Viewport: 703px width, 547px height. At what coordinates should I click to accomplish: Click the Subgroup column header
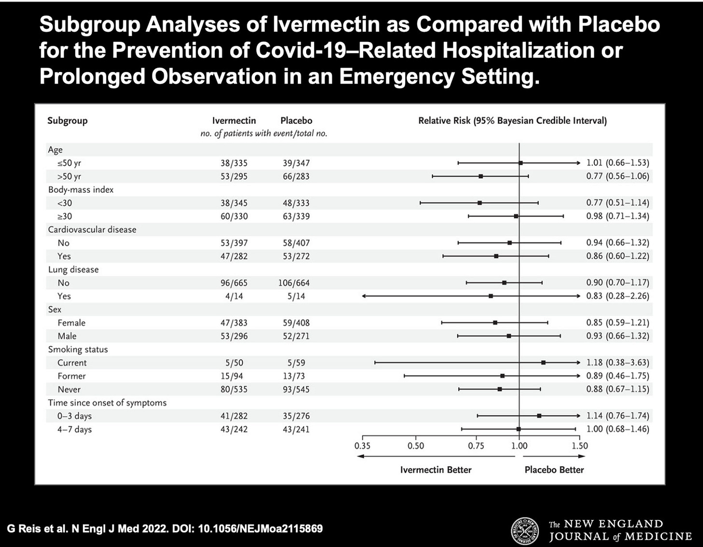click(x=67, y=121)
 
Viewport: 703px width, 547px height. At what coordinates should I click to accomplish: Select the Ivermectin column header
click(x=234, y=121)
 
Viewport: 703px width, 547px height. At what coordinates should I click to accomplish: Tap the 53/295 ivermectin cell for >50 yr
click(x=234, y=176)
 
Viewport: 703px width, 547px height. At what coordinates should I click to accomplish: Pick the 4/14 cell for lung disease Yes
click(x=234, y=296)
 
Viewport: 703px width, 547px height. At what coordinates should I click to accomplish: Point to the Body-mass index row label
click(x=81, y=190)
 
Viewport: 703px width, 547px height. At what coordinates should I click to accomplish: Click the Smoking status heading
click(x=78, y=350)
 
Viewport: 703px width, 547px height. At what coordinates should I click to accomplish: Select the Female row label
click(x=71, y=323)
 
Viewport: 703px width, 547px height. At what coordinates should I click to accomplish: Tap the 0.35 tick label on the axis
click(x=363, y=446)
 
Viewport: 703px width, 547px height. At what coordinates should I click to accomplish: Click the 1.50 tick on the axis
click(x=580, y=446)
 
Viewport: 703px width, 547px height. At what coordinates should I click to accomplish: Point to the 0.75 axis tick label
click(x=476, y=446)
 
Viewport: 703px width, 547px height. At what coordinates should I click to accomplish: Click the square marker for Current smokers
click(x=543, y=362)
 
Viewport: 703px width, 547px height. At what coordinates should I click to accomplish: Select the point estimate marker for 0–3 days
click(x=539, y=416)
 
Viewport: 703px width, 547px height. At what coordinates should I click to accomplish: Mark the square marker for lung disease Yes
click(x=491, y=296)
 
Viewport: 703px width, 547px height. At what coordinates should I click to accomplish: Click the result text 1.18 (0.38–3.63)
click(x=618, y=363)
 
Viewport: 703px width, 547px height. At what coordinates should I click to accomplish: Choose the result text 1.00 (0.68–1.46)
click(x=618, y=429)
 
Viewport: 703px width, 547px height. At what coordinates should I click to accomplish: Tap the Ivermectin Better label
click(x=436, y=470)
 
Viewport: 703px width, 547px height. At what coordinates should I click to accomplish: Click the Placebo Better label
click(x=554, y=470)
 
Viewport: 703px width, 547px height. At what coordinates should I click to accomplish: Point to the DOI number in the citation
click(x=261, y=529)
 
